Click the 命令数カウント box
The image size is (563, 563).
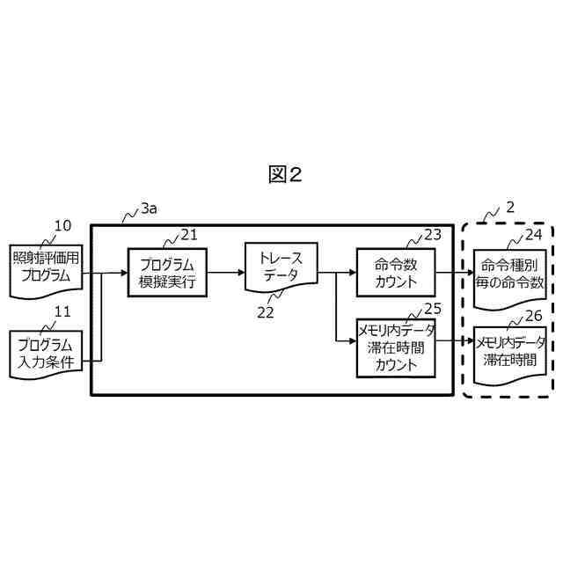tap(396, 272)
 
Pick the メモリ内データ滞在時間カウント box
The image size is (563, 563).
tap(396, 347)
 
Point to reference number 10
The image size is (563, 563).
tap(62, 226)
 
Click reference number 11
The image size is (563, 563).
tap(62, 311)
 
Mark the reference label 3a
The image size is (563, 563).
tap(149, 209)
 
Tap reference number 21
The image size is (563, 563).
tap(189, 234)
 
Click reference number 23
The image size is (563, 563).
tap(432, 234)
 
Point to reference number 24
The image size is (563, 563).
tap(533, 234)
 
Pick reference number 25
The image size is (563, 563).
tap(432, 308)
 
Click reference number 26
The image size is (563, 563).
tap(534, 315)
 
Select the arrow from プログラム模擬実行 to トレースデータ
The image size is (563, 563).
tap(226, 272)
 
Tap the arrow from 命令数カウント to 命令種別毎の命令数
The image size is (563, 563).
tap(454, 272)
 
